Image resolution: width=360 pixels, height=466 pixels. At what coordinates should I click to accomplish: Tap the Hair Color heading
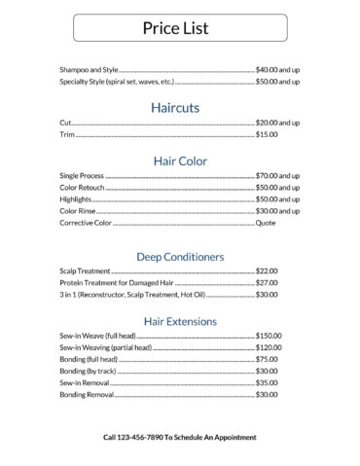click(x=180, y=160)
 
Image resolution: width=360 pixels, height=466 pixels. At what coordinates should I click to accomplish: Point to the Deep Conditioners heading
click(x=180, y=256)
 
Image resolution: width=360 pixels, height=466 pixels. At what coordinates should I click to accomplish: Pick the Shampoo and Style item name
click(x=89, y=70)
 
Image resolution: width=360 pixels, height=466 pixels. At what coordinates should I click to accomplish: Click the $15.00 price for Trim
click(x=267, y=134)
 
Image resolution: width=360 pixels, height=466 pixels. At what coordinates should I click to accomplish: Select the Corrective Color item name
click(x=87, y=223)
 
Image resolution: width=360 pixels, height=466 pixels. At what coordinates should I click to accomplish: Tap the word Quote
click(x=266, y=223)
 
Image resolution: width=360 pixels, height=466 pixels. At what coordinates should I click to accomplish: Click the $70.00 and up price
click(x=277, y=175)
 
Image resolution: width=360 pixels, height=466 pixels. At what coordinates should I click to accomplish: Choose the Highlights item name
click(x=76, y=198)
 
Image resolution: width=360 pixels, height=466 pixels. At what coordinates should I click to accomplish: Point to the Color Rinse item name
click(x=78, y=210)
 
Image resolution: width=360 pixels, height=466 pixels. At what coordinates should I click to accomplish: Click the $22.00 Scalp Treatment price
click(x=267, y=270)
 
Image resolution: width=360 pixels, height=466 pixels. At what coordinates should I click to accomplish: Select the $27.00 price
click(x=267, y=282)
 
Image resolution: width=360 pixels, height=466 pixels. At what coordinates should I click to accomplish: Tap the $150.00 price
click(x=269, y=335)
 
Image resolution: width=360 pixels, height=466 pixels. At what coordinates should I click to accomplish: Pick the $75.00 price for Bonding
click(x=267, y=359)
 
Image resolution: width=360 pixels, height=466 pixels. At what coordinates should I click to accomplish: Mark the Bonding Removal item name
click(x=87, y=394)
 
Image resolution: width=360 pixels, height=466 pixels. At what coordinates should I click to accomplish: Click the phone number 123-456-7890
click(x=141, y=438)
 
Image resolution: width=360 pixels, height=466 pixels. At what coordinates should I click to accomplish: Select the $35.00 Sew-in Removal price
click(x=267, y=382)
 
